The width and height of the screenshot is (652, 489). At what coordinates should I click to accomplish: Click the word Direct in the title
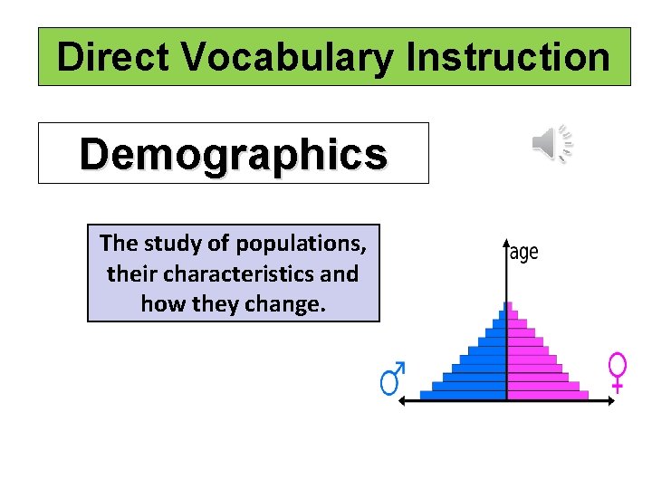click(113, 57)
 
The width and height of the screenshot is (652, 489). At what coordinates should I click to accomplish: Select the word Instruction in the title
click(508, 57)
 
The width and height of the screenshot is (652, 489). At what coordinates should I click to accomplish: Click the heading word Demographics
click(233, 154)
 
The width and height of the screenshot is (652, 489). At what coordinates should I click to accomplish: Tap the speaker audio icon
click(551, 144)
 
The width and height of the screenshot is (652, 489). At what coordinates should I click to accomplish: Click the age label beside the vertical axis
click(523, 253)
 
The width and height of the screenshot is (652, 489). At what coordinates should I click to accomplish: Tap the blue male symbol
click(392, 379)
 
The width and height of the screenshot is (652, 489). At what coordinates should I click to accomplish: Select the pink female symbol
click(618, 370)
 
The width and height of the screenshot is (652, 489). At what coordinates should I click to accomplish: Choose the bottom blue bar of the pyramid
click(463, 394)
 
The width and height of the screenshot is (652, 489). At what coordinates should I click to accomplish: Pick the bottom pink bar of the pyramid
click(547, 394)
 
